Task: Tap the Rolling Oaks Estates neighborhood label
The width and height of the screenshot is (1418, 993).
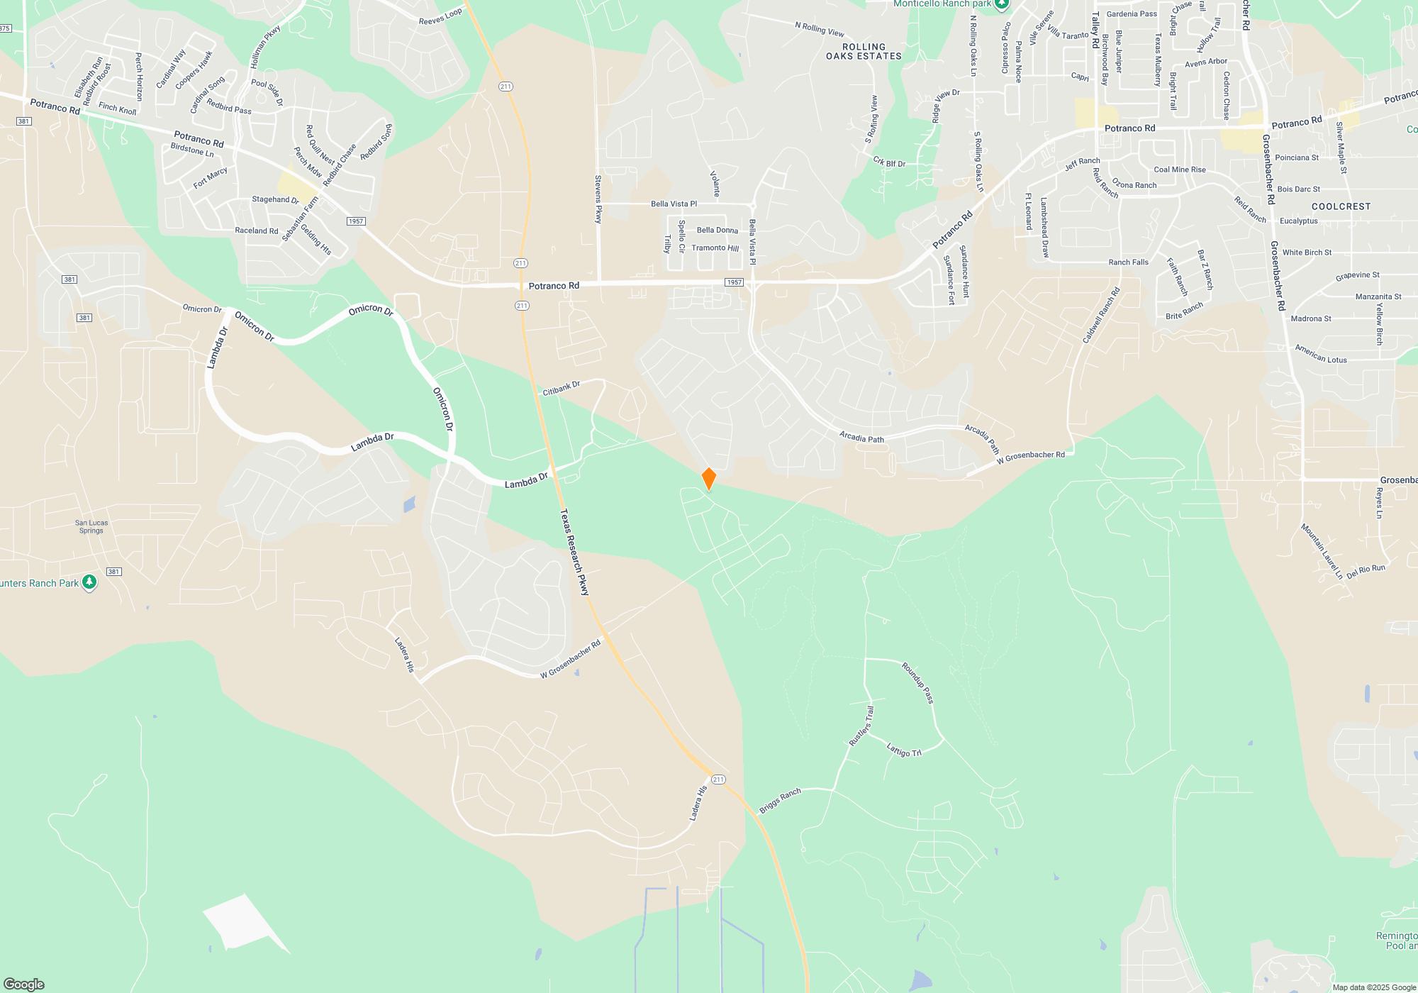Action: pos(864,52)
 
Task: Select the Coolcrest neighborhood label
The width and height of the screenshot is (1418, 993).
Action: pos(1341,206)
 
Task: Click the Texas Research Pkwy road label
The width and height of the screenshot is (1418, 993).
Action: pos(575,551)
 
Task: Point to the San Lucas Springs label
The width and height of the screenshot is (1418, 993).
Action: pos(91,526)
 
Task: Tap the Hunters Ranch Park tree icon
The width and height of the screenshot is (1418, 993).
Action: pos(89,582)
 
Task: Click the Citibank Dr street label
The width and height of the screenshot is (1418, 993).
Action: pos(561,388)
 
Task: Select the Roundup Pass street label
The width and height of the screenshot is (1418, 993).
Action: pos(917,682)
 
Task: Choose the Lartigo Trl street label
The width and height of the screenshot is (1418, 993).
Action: pos(904,750)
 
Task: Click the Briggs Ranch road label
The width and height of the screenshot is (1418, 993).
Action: pos(780,801)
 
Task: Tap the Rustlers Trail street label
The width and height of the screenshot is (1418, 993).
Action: pos(861,726)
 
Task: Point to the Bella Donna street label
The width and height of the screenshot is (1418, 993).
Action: pos(717,230)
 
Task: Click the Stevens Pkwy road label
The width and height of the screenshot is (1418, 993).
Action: pos(598,199)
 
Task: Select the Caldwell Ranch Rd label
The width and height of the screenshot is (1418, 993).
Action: pos(1101,315)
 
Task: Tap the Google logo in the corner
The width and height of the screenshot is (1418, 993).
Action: pos(24,984)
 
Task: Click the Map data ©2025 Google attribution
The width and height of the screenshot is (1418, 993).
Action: pos(1373,987)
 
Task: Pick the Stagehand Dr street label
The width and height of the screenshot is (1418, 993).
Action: pos(275,199)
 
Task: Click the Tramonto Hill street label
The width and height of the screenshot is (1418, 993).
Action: pos(715,248)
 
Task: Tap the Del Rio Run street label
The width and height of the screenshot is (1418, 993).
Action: pos(1366,571)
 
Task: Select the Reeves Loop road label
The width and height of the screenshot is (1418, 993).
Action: pos(440,16)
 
